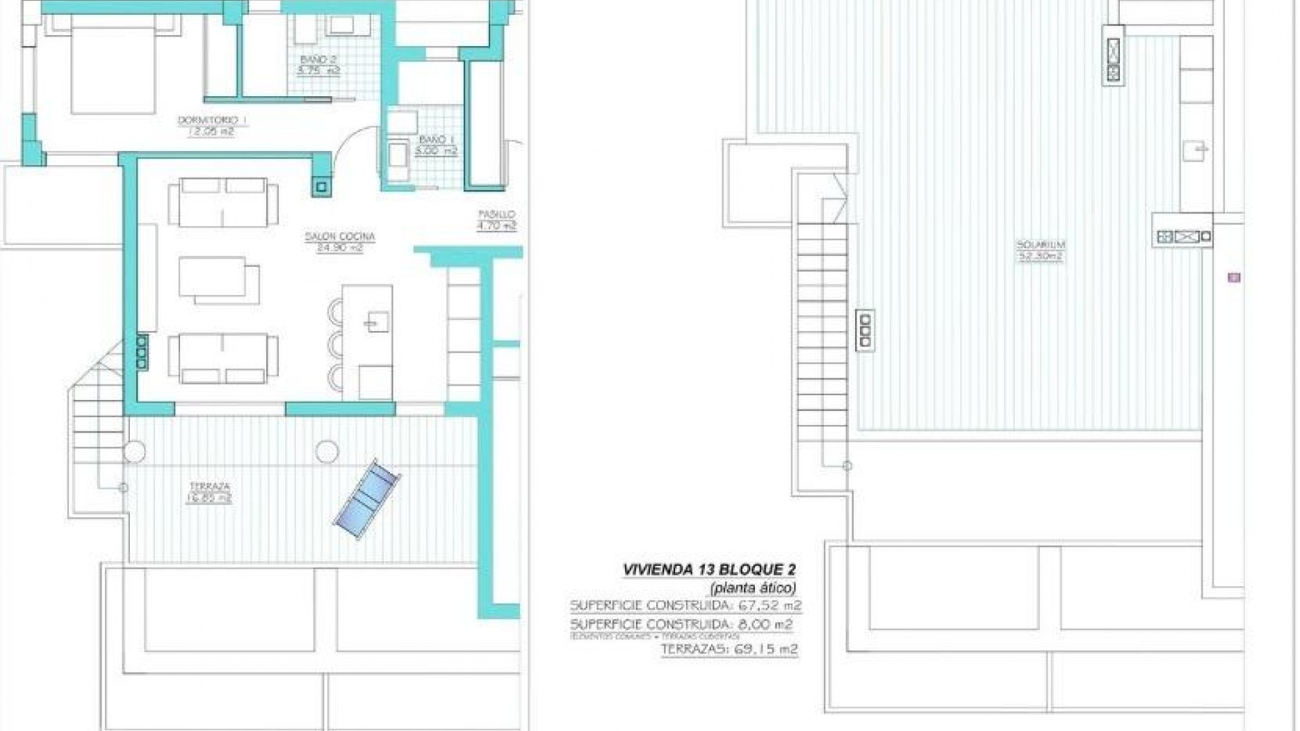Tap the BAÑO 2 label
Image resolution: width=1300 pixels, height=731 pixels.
point(318,60)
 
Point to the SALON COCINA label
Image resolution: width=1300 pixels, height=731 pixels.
point(340,236)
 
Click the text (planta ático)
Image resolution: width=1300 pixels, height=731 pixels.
point(752,588)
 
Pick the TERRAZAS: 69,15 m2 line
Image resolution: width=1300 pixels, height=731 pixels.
point(729,649)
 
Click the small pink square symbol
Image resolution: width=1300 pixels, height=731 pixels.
point(1234,278)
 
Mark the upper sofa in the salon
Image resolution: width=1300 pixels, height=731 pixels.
point(223,202)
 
